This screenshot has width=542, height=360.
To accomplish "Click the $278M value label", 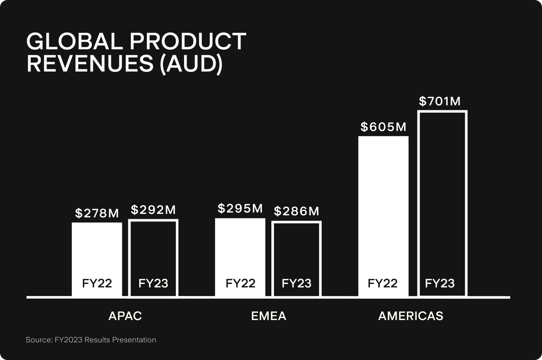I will pos(97,214).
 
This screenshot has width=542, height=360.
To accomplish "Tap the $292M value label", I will pos(153,210).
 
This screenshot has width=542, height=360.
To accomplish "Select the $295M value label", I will pos(240,208).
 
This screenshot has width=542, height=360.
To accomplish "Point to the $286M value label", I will pos(297,211).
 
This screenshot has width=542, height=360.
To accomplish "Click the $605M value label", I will pos(384,127).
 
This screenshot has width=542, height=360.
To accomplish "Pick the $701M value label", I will pos(440,101).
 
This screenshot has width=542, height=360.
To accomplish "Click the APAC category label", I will pos(125,316).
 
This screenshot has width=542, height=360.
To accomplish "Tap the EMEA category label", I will pos(269,316).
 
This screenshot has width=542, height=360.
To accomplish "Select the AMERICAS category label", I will pos(411,316).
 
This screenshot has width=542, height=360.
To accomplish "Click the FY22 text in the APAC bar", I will pos(97,283).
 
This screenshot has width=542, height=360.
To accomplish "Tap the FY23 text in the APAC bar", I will pos(153,283).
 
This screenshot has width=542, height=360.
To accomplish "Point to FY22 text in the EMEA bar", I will pos(240,283).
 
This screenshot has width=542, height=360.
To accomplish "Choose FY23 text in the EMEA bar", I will pos(297,283).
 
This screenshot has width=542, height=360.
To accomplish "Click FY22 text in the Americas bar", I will pos(382,283).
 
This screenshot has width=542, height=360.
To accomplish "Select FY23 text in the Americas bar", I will pos(440,283).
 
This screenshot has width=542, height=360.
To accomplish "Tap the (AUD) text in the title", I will pos(191,64).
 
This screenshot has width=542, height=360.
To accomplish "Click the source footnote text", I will pos(91,340).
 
